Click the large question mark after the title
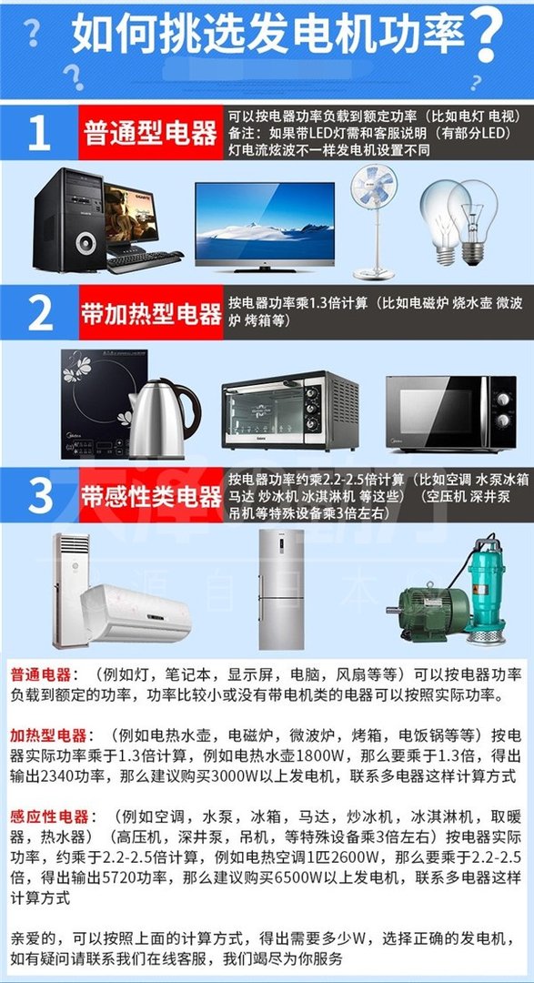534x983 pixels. pos(488,33)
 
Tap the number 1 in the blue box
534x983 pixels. pos(38,133)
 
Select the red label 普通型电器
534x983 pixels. pos(150,134)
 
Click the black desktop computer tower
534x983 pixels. pos(69,220)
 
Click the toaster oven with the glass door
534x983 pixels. pos(289,410)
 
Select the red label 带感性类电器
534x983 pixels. pos(151,496)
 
